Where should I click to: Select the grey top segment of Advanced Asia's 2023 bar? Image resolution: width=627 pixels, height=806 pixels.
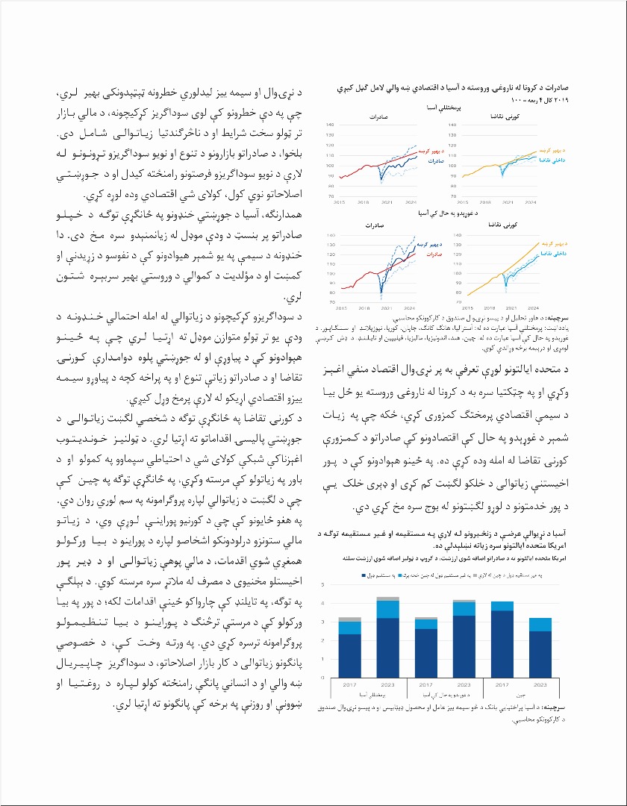coord(387,599)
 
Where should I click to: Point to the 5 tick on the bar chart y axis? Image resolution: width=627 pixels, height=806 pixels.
coord(323,584)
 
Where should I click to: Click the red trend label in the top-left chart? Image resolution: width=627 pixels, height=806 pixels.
coord(431,151)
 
